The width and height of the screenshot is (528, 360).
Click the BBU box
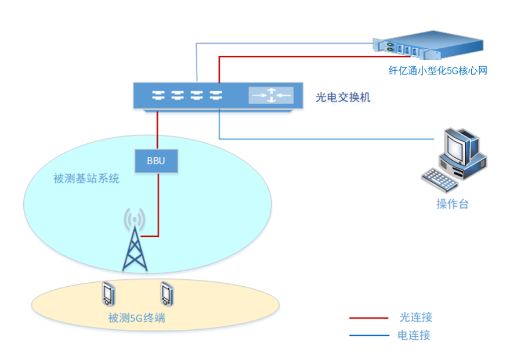click(x=156, y=161)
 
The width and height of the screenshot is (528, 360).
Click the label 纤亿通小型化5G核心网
click(x=437, y=71)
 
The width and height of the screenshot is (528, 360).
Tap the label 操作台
click(x=452, y=204)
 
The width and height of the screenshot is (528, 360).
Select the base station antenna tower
click(x=135, y=247)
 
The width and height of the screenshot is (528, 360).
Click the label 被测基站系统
click(x=86, y=178)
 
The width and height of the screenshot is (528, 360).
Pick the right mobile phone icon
click(x=167, y=294)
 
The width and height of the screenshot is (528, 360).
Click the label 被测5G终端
click(x=136, y=318)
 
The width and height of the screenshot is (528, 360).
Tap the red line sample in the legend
click(x=369, y=318)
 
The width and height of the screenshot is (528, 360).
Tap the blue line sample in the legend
click(x=369, y=335)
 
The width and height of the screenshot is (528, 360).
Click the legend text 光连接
click(x=416, y=318)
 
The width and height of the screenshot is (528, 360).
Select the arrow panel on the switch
click(x=271, y=95)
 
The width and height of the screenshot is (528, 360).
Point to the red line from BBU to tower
click(x=158, y=203)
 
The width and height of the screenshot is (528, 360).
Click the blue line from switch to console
click(x=325, y=139)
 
